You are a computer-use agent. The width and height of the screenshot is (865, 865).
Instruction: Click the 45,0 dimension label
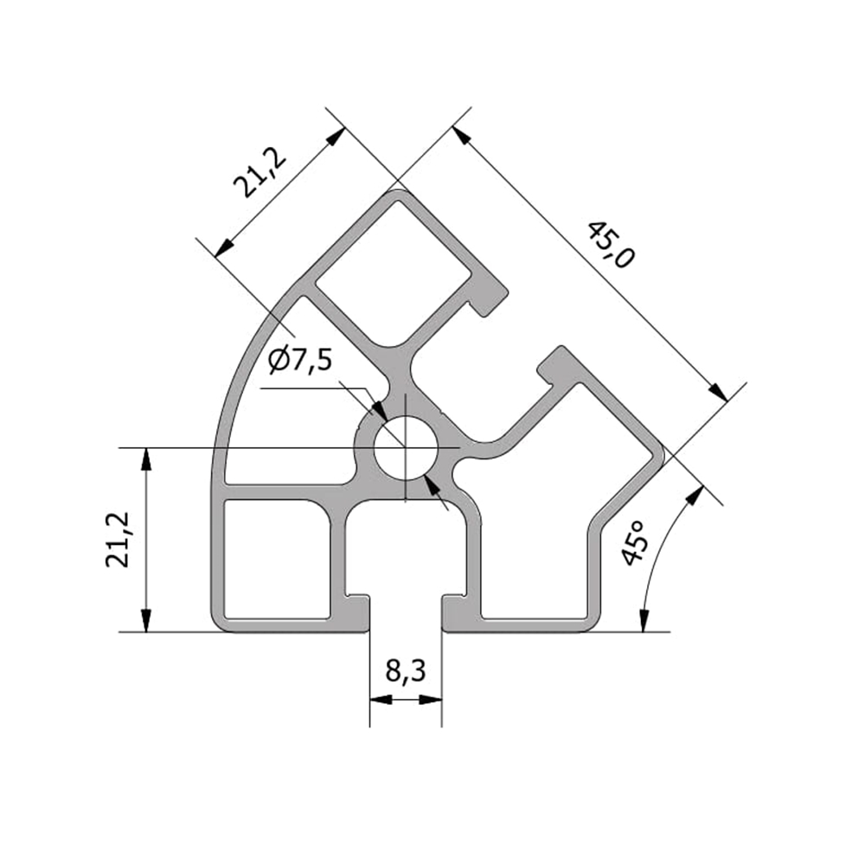pos(610,245)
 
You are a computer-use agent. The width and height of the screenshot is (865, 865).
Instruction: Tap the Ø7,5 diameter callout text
pos(300,362)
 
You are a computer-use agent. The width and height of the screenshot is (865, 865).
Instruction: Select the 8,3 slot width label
pos(406,671)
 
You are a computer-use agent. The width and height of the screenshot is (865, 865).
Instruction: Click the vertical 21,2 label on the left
pos(118,540)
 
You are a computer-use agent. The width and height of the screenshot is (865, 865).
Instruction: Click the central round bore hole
pos(406,447)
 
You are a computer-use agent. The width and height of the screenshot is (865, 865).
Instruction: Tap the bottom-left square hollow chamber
pos(278,558)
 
